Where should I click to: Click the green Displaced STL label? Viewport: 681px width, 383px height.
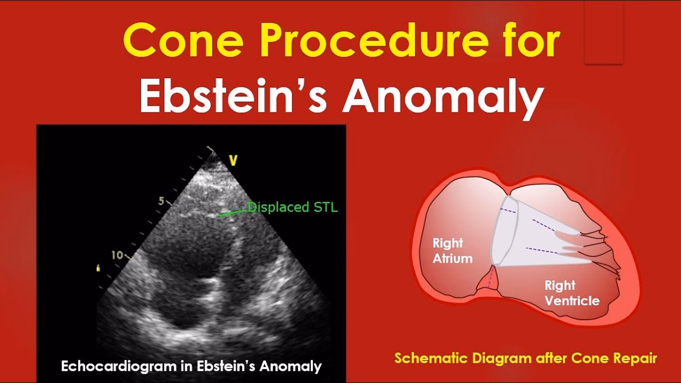(293, 207)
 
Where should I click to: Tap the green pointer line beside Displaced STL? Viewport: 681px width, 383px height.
(232, 213)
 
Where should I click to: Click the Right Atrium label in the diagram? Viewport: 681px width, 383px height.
(452, 251)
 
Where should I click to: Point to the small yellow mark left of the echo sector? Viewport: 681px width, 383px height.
(97, 268)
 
